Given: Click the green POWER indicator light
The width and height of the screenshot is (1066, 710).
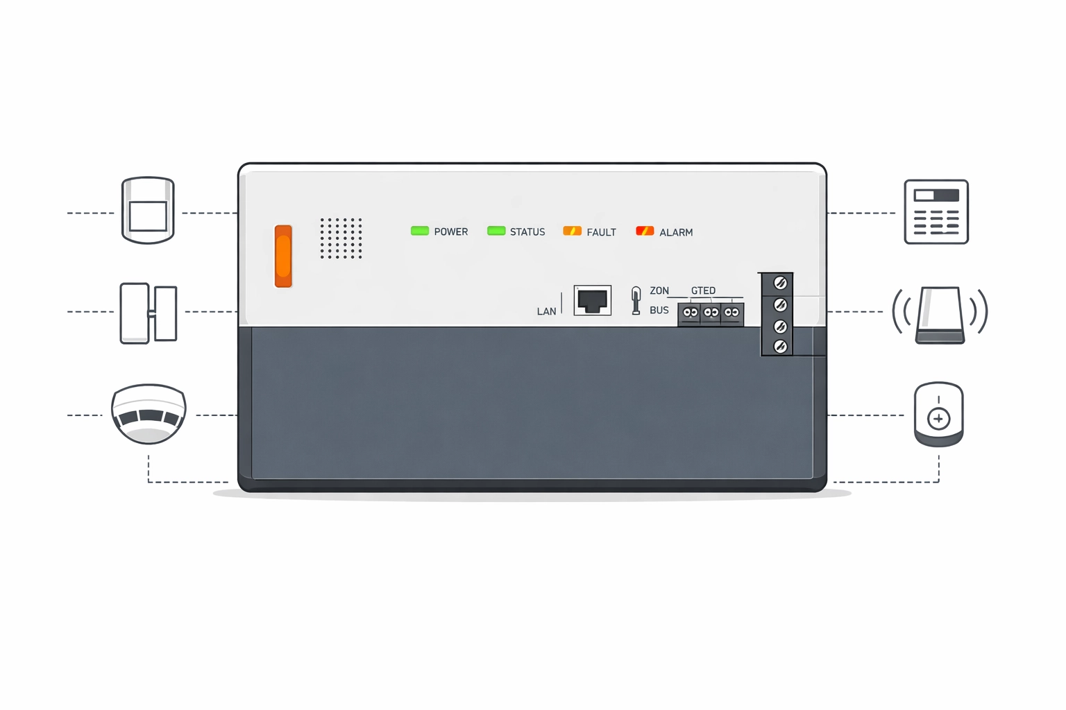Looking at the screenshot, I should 420,231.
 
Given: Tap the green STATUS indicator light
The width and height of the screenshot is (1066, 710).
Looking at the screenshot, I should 496,231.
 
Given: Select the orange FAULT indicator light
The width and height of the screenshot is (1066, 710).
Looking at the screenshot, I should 572,231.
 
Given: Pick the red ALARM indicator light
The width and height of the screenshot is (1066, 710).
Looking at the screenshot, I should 645,231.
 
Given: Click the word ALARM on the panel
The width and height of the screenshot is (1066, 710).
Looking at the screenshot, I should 676,232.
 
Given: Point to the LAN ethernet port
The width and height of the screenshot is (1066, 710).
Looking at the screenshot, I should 593,300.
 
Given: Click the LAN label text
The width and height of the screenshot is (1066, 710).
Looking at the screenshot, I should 546,311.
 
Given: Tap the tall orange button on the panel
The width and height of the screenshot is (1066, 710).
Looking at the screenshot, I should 283,256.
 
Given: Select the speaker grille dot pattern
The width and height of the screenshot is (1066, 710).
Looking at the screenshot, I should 341,239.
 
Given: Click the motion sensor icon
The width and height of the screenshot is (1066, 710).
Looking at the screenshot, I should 148,210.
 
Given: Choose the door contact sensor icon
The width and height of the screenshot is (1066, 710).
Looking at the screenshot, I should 149,313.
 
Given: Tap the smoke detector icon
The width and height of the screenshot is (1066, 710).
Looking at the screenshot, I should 149,414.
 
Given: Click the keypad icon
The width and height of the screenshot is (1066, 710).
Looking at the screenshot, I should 936,212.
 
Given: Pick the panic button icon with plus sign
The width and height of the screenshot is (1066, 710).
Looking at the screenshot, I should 939,414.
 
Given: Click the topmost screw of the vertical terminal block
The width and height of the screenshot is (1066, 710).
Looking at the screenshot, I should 780,283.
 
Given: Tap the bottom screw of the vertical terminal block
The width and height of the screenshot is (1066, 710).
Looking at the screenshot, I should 780,346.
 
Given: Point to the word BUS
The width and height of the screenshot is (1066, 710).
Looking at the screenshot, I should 659,310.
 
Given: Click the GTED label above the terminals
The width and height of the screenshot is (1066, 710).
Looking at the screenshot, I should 703,291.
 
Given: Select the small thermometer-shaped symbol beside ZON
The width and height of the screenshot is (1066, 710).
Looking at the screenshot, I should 636,301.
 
